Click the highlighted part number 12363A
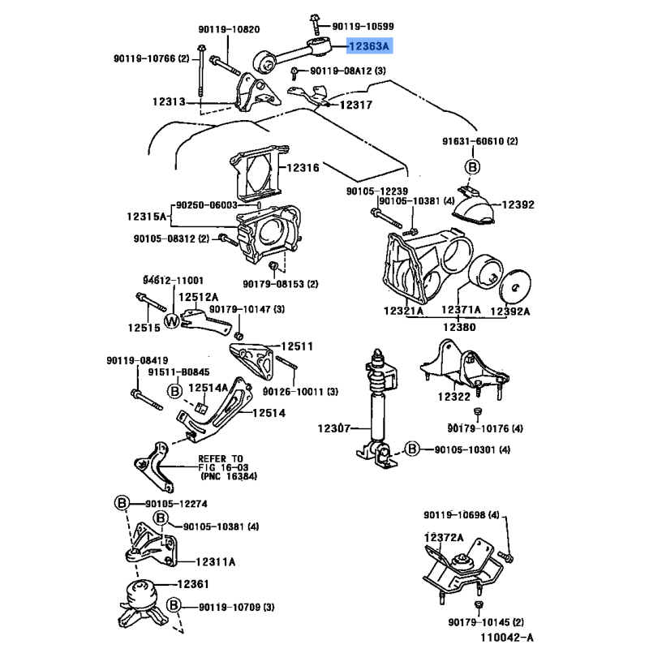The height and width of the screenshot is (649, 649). pyautogui.click(x=369, y=47)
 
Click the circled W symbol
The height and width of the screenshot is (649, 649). pyautogui.click(x=172, y=321)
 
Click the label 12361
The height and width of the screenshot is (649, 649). pyautogui.click(x=194, y=583)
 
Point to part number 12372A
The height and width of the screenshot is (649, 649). pyautogui.click(x=443, y=537)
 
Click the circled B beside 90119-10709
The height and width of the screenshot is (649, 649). pyautogui.click(x=174, y=605)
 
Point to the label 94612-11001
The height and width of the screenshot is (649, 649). pyautogui.click(x=174, y=280)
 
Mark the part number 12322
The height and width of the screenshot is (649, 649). pyautogui.click(x=454, y=397)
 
